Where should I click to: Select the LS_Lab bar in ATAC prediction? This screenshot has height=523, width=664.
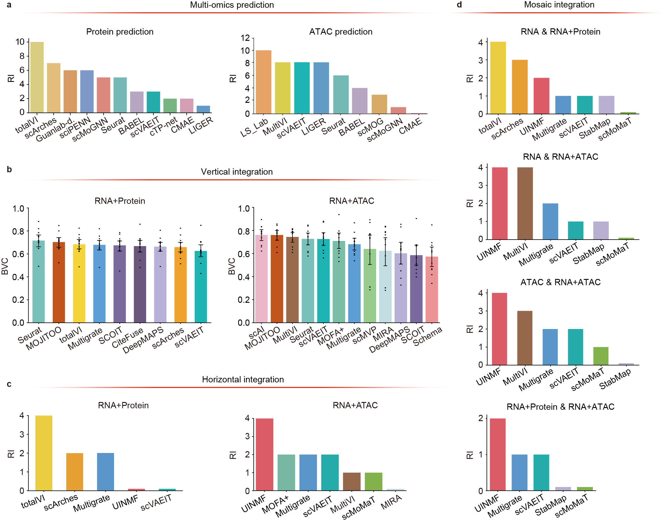click(x=264, y=82)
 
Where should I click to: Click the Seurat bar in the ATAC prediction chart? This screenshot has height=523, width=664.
click(x=341, y=95)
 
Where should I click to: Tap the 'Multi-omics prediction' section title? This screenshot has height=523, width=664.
click(x=232, y=5)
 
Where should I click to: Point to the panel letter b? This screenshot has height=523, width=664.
click(x=9, y=169)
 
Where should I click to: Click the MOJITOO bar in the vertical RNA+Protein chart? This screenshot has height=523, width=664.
click(x=59, y=282)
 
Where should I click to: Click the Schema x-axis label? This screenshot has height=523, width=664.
click(x=428, y=336)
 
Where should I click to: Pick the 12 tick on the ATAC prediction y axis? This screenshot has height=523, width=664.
click(x=245, y=38)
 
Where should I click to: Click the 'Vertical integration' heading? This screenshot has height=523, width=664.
click(x=236, y=172)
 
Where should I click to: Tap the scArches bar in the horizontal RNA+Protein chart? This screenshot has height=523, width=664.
click(x=75, y=471)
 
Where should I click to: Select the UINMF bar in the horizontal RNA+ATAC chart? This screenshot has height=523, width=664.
click(x=264, y=454)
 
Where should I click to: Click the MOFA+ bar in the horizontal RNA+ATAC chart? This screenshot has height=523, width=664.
click(x=286, y=472)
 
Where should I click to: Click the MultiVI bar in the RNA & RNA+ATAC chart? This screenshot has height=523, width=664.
click(x=525, y=203)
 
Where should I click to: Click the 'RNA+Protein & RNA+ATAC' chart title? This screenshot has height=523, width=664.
click(x=560, y=407)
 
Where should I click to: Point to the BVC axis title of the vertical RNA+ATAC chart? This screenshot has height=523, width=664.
click(x=232, y=266)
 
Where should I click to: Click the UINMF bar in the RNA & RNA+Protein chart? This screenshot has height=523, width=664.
click(x=541, y=96)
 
